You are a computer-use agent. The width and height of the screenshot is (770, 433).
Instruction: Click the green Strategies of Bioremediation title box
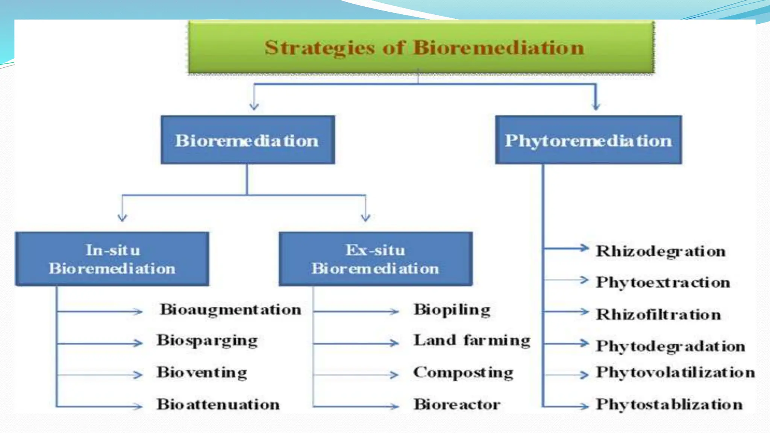point(421,47)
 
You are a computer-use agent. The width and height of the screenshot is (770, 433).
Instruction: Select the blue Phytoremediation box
point(588,140)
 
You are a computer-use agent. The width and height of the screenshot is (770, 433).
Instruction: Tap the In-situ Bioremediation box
point(112,259)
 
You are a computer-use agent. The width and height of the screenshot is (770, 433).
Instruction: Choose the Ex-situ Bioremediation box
point(375,259)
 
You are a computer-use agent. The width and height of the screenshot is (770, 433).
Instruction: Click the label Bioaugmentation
point(230,310)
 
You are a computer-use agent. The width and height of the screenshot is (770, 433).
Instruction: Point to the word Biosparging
point(207,341)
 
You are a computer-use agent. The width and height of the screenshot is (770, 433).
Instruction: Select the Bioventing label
point(202,372)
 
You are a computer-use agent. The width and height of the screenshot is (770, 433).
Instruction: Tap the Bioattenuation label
point(218,404)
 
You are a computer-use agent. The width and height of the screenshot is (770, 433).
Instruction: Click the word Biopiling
point(452,310)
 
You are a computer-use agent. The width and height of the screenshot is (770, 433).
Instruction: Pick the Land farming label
point(472,341)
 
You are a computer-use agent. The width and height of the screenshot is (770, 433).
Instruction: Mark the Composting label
point(463,372)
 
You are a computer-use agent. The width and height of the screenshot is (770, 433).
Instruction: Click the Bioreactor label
point(457,404)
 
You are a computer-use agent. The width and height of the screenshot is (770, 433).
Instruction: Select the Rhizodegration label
point(661,251)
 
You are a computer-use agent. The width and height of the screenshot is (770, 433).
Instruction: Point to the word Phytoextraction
point(663,282)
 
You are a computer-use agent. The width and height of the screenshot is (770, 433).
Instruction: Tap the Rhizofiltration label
point(658,314)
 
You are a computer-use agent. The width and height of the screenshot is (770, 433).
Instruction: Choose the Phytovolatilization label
point(675,372)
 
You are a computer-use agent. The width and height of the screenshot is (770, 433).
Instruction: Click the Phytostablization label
point(669,404)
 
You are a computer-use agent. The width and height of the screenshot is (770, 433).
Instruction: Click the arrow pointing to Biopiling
point(356,312)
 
